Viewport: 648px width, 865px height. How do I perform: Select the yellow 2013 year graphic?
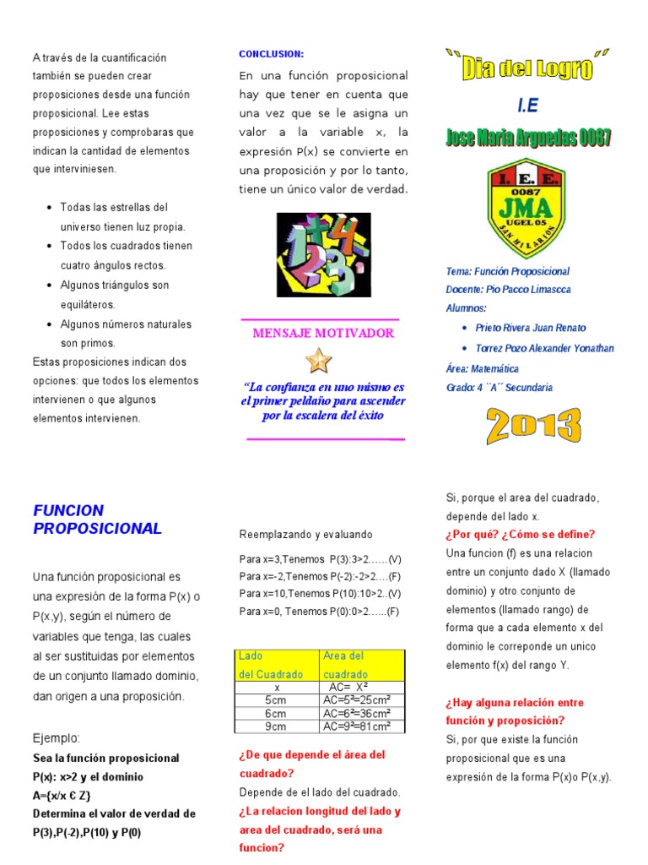click(x=533, y=427)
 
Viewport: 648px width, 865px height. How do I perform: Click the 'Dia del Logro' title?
click(x=527, y=66)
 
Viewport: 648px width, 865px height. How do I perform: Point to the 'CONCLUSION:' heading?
click(x=271, y=54)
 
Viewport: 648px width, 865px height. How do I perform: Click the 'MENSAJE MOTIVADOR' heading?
click(x=323, y=333)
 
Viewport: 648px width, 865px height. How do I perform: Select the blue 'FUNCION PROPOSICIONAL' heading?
click(x=97, y=520)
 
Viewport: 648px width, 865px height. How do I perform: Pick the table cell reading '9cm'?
click(x=275, y=726)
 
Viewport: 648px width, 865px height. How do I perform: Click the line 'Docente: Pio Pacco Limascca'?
click(x=508, y=290)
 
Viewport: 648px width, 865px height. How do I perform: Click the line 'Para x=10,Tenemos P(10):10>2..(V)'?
click(x=320, y=593)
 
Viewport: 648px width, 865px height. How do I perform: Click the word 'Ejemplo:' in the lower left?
click(x=56, y=737)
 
